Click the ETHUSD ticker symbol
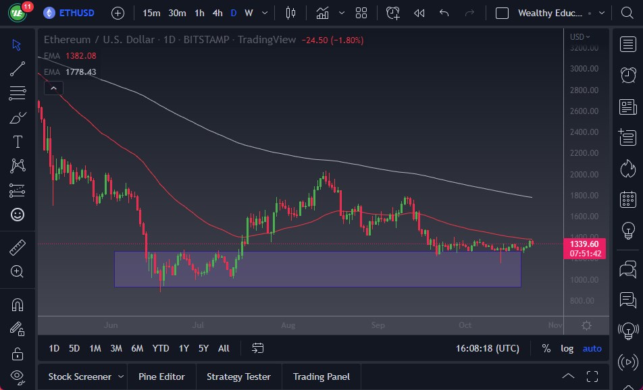(x=76, y=13)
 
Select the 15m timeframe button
(x=152, y=13)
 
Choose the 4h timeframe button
(x=217, y=13)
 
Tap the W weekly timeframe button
(x=249, y=13)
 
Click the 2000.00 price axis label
(x=584, y=174)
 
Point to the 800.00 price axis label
(x=582, y=301)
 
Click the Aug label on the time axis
(x=288, y=325)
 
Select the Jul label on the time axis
(x=198, y=325)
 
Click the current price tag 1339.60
(x=584, y=244)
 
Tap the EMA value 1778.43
(x=81, y=72)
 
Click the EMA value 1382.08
(x=81, y=55)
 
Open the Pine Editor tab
(x=162, y=377)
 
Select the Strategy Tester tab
(x=238, y=377)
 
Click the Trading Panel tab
(x=321, y=377)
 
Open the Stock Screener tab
(x=79, y=377)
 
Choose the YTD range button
(x=161, y=348)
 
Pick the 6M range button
(x=137, y=348)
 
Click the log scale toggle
(x=567, y=348)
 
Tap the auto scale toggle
(x=592, y=348)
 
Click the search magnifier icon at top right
(x=626, y=13)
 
